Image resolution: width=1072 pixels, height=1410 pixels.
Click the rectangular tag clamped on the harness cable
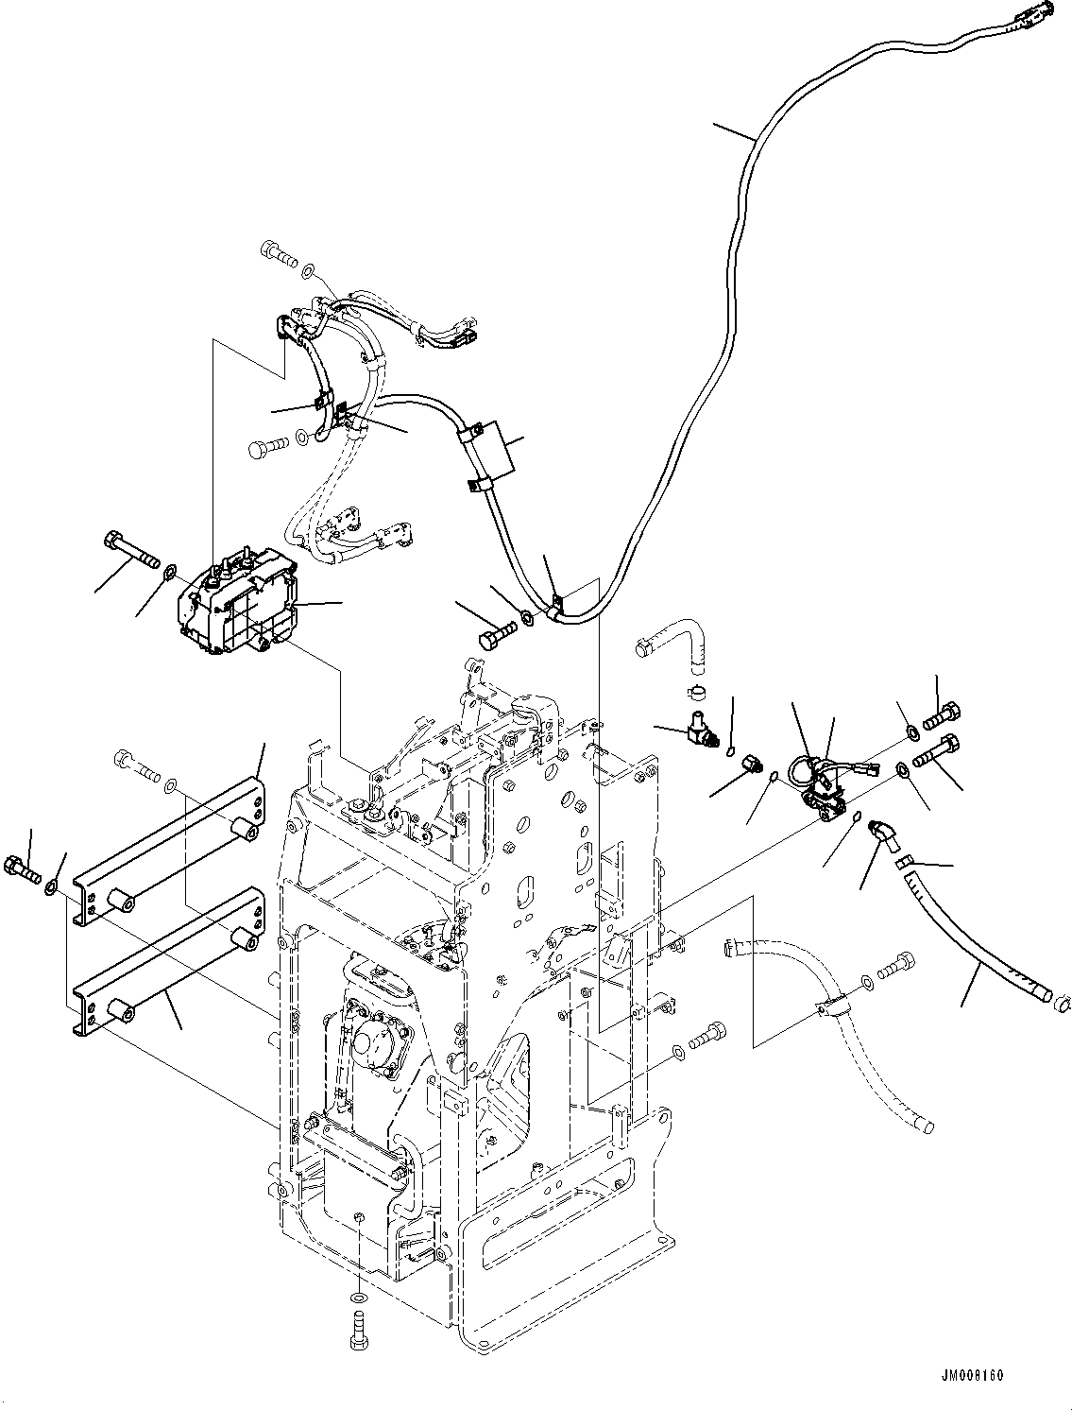click(x=493, y=456)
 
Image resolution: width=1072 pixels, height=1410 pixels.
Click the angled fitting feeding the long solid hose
click(x=883, y=833)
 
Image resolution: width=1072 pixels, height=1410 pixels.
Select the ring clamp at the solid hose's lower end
click(x=1060, y=993)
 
